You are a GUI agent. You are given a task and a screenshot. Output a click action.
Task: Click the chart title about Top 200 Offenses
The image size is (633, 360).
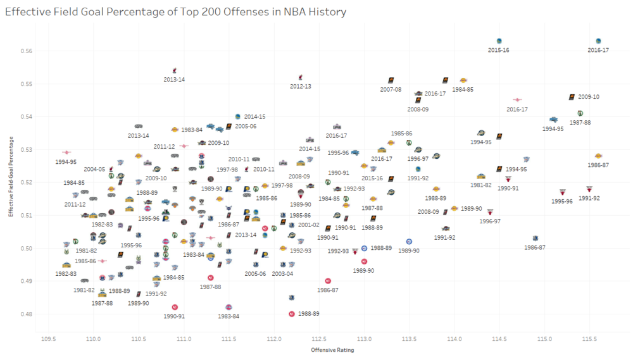click(175, 12)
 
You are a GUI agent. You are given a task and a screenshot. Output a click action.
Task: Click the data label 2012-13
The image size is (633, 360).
click(300, 86)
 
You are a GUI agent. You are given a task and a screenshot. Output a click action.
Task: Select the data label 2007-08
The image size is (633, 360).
click(391, 90)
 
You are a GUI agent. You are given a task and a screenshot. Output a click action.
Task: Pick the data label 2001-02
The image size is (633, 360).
click(308, 225)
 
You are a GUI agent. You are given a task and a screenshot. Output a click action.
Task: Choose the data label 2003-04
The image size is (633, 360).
click(282, 274)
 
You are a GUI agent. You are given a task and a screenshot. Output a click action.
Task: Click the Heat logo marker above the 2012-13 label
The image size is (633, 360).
click(301, 77)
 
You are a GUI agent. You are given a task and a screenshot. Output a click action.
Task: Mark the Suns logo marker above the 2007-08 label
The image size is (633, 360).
click(391, 80)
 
